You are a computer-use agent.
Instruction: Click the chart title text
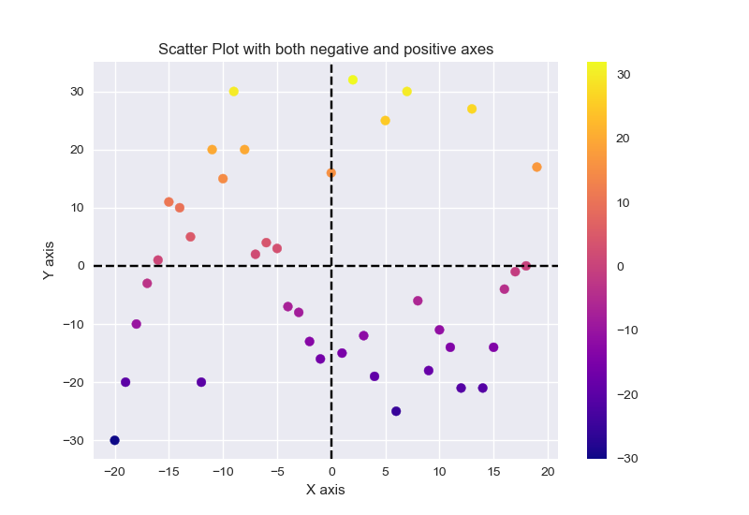click(325, 49)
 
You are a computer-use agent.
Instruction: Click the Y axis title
click(49, 260)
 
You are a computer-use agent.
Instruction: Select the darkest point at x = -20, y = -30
click(114, 440)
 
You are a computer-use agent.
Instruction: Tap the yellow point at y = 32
click(353, 80)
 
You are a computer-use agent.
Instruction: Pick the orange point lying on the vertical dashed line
click(331, 173)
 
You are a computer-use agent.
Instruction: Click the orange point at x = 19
click(536, 168)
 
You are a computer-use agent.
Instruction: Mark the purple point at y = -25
click(396, 411)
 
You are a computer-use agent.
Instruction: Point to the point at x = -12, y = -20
click(201, 382)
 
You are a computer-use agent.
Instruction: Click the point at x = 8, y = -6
click(418, 301)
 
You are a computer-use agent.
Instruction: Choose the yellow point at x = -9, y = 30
click(234, 92)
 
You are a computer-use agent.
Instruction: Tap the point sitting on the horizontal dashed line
click(526, 266)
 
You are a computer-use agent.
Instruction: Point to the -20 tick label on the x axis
click(114, 470)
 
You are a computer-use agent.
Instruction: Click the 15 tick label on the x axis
click(493, 470)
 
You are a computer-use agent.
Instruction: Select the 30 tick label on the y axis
click(76, 92)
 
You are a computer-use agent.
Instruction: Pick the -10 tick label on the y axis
click(72, 324)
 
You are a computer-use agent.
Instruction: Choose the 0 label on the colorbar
click(618, 266)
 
